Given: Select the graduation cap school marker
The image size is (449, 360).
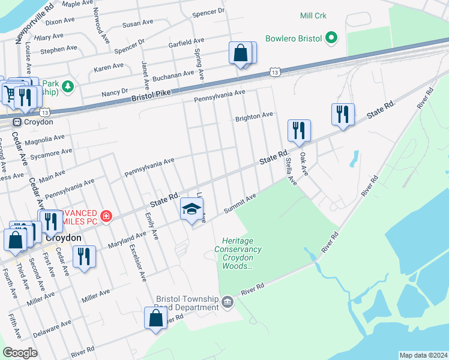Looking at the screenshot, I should pyautogui.click(x=191, y=209).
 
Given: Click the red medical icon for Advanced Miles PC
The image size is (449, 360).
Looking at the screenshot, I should pyautogui.click(x=106, y=215).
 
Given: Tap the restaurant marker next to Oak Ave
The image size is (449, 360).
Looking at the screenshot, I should pyautogui.click(x=343, y=113).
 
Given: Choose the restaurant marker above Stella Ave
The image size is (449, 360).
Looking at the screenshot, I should pyautogui.click(x=298, y=130).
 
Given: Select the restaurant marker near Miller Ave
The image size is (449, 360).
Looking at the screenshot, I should pyautogui.click(x=84, y=256).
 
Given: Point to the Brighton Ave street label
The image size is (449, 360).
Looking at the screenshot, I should pyautogui.click(x=254, y=116).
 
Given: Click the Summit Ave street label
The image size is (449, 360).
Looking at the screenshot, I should pyautogui.click(x=240, y=203).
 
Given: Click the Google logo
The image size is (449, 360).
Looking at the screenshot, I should pyautogui.click(x=20, y=353).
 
